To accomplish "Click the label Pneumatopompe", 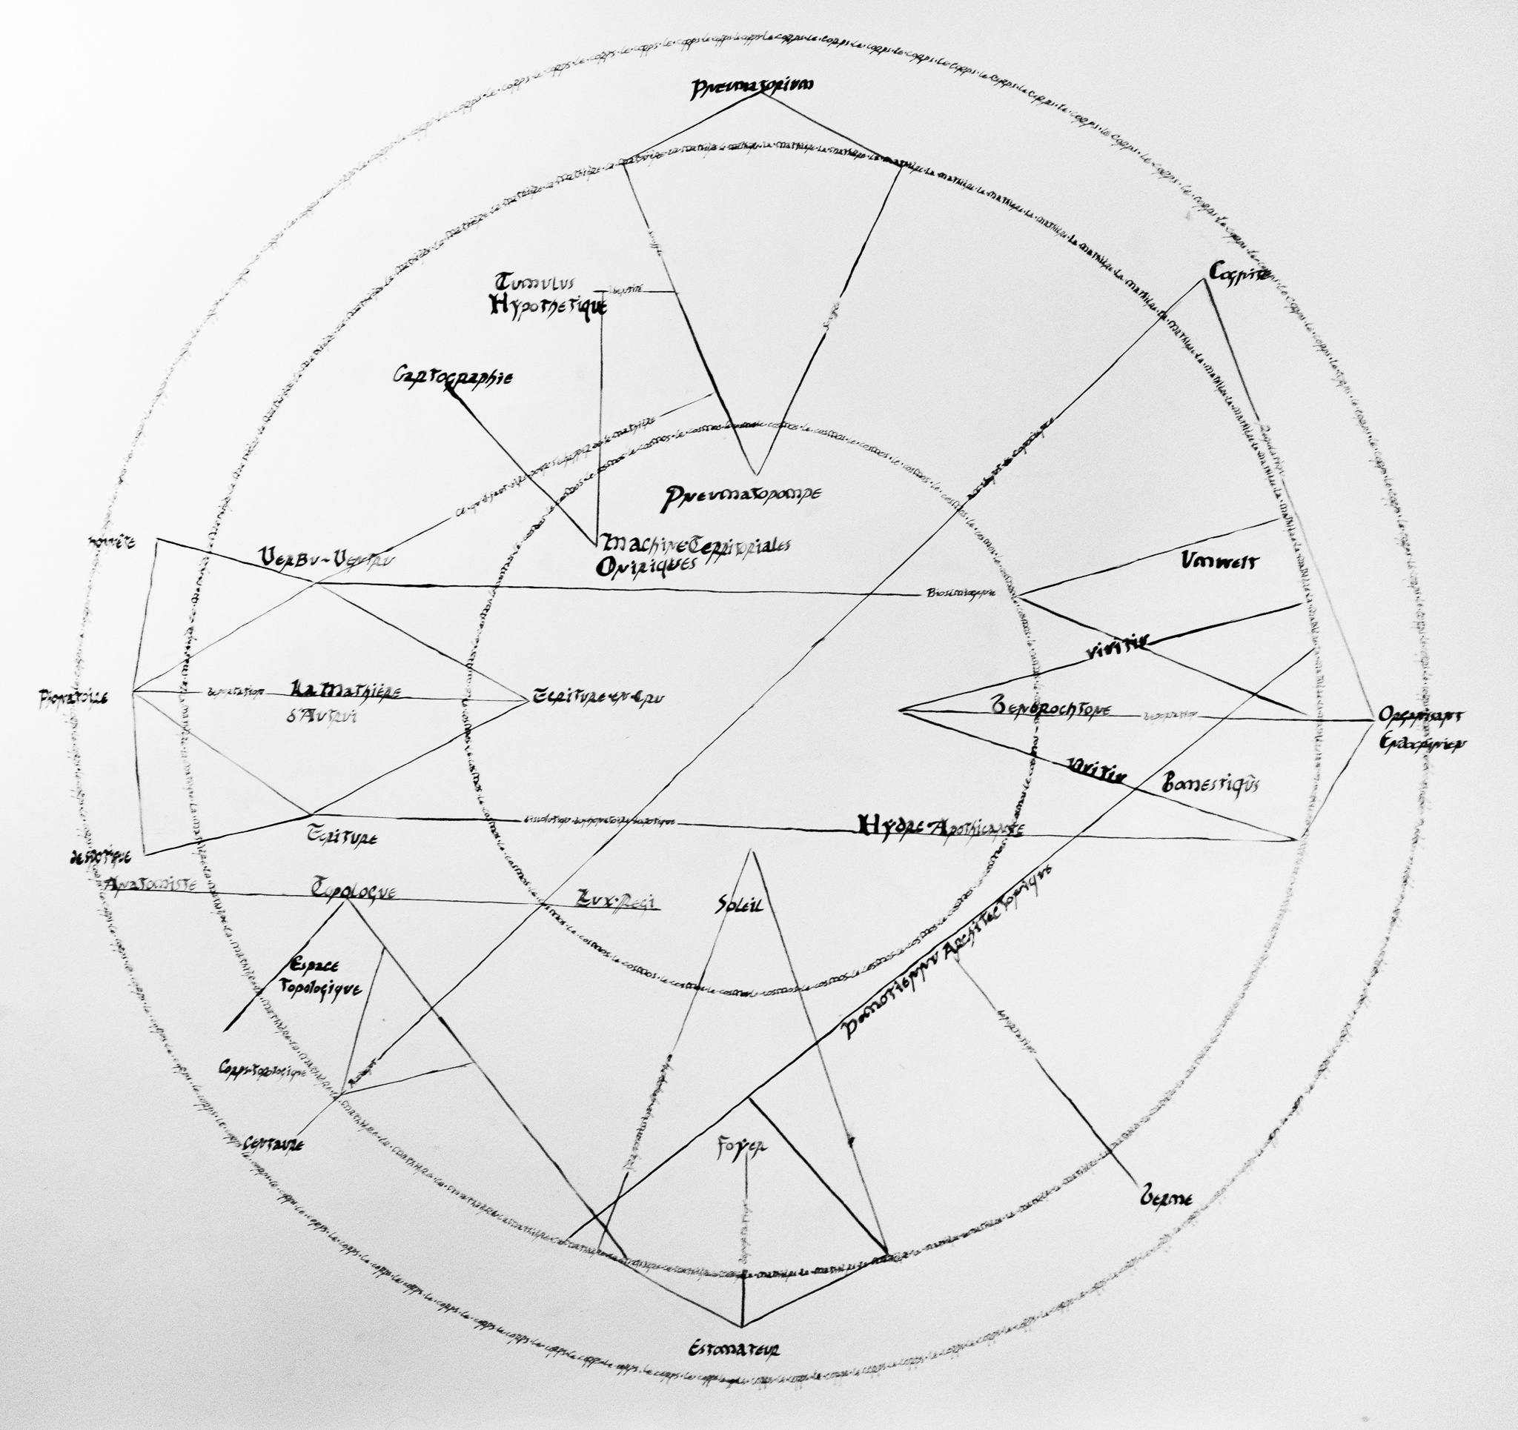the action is [x=742, y=497].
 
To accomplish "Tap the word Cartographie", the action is [x=454, y=377].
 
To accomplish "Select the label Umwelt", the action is [x=1218, y=561].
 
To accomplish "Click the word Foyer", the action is [x=742, y=1146].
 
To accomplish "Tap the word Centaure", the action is [x=274, y=1144].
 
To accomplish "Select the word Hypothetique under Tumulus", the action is [x=548, y=306].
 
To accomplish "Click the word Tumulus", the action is [x=534, y=281].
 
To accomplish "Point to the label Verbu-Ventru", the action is [x=326, y=557].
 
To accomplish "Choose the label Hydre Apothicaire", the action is [x=940, y=825].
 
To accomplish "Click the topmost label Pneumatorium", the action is [x=752, y=87].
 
